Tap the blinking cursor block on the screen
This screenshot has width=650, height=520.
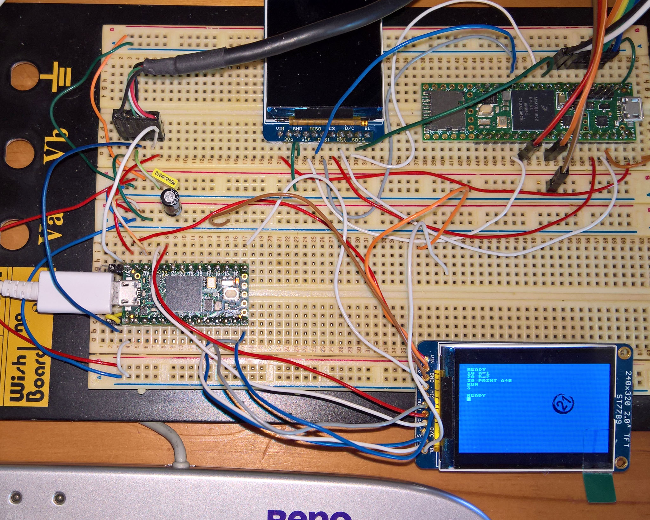point(469,399)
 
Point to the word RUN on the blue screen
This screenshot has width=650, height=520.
point(473,384)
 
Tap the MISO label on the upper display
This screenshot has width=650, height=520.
point(315,129)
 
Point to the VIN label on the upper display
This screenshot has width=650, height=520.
point(280,129)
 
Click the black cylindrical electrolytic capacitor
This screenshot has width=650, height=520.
point(172,201)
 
